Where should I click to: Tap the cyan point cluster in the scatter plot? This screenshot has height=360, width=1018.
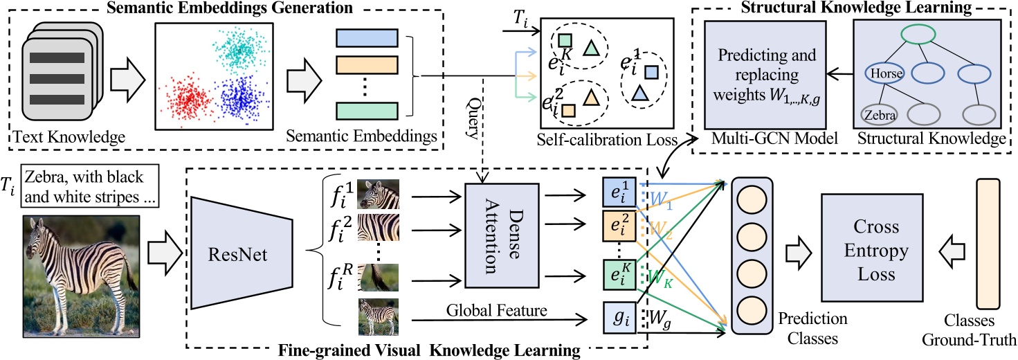click(239, 46)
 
